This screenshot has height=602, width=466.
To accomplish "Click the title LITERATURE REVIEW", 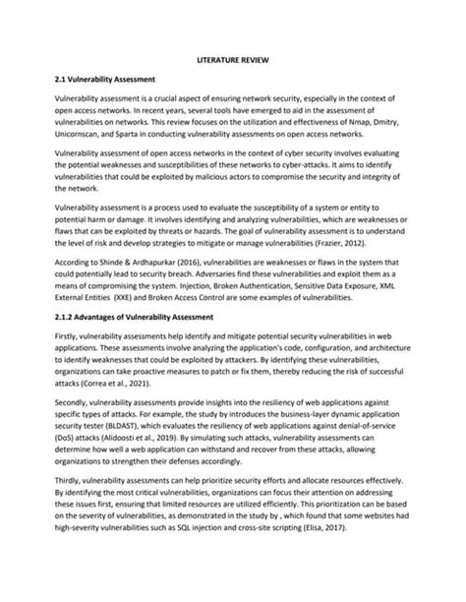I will [x=233, y=60].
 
